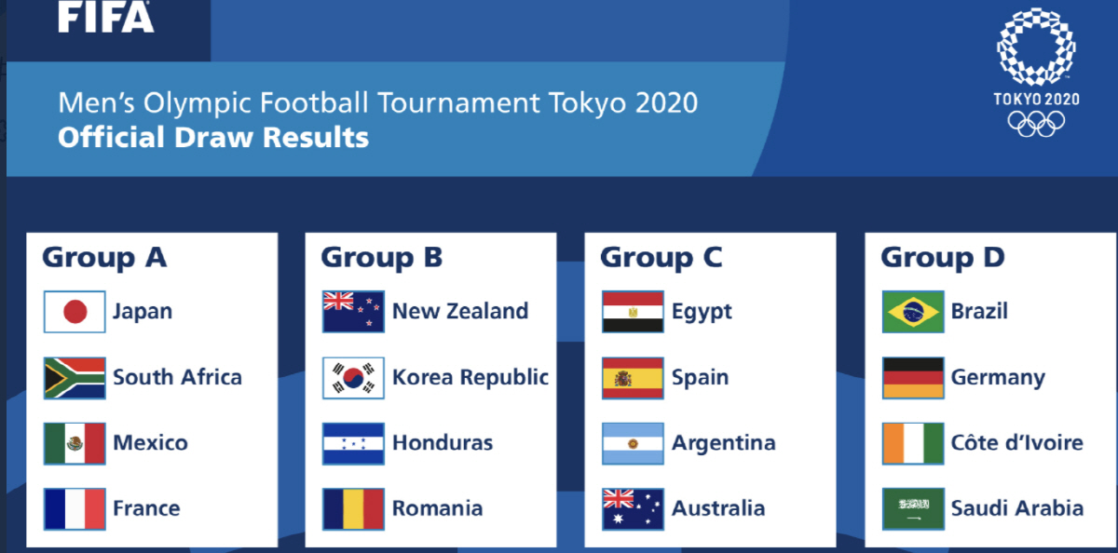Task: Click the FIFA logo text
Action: tap(106, 17)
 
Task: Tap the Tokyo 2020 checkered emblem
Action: tap(1036, 47)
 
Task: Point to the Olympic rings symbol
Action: tap(1036, 124)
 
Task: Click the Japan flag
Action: tap(75, 312)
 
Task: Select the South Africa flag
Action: tap(75, 378)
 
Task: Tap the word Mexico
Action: tap(150, 443)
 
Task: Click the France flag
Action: tap(75, 508)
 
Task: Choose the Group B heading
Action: tap(381, 258)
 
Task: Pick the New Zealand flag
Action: tap(353, 312)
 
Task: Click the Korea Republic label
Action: tap(470, 377)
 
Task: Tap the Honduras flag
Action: tap(353, 444)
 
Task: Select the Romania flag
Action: tap(353, 508)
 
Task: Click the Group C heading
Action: tap(661, 258)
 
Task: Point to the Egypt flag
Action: tap(633, 312)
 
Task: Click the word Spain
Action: tap(700, 378)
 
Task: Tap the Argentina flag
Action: tap(633, 444)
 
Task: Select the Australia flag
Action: tap(633, 508)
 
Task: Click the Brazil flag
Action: tap(913, 312)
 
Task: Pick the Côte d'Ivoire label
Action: tap(1016, 442)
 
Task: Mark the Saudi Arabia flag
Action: tap(913, 508)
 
